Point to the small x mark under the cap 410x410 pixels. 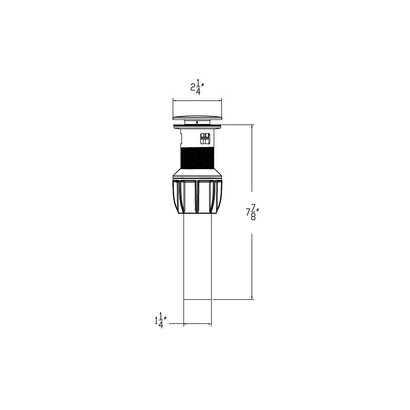click(197, 122)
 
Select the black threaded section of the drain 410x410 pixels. click(197, 157)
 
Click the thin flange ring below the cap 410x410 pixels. click(197, 125)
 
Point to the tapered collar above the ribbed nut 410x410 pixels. click(197, 173)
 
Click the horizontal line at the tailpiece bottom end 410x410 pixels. click(197, 299)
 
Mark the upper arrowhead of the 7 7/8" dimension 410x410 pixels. click(252, 127)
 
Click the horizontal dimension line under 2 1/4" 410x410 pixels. click(197, 99)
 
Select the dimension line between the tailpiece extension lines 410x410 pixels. click(197, 324)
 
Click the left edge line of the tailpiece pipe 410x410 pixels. click(183, 256)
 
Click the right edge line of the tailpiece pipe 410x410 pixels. click(212, 256)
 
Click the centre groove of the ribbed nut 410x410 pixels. click(197, 197)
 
